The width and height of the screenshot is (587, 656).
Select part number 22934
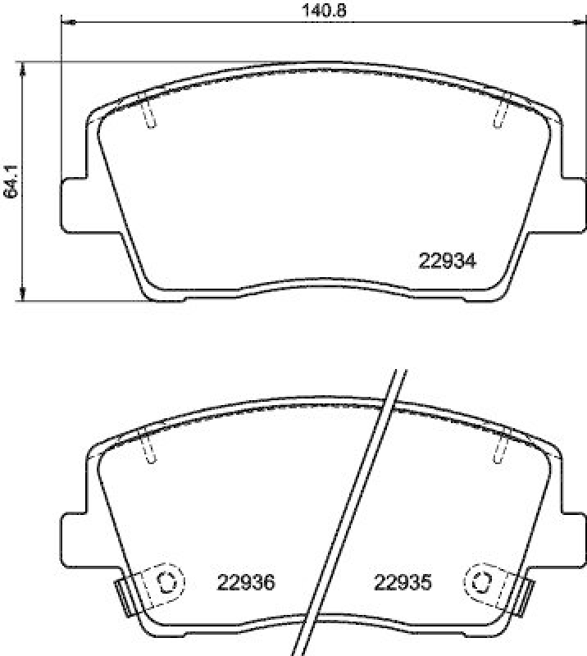(448, 261)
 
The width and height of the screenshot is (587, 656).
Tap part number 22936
(245, 583)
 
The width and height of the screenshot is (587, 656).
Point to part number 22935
(403, 583)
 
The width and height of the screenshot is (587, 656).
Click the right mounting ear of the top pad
(572, 204)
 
